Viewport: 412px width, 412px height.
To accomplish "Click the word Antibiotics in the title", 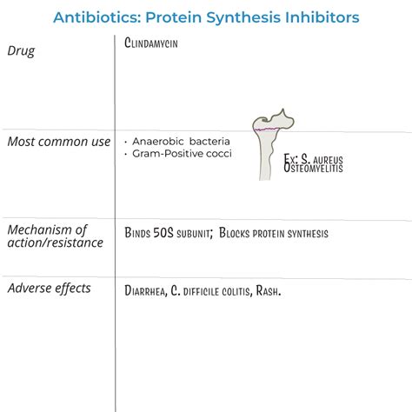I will click(93, 17).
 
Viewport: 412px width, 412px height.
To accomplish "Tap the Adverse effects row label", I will click(49, 288).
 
